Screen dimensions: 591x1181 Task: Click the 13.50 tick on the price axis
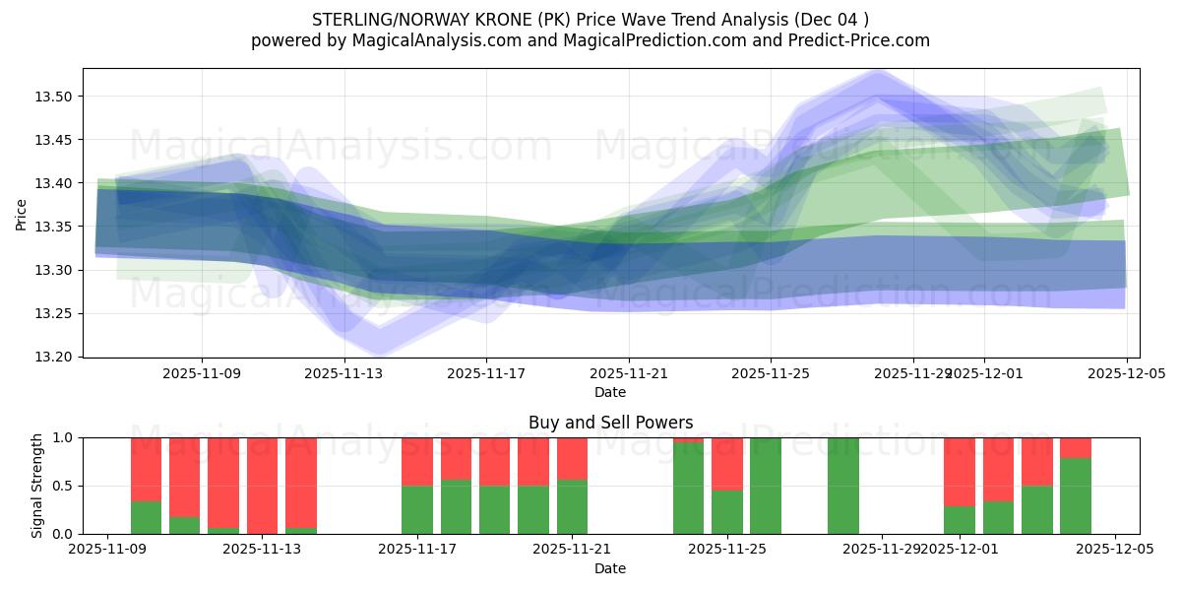tap(58, 97)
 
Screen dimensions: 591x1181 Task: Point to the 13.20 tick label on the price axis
tap(58, 357)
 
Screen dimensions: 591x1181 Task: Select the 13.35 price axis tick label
tap(58, 227)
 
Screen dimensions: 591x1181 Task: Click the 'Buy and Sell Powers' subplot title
tap(610, 423)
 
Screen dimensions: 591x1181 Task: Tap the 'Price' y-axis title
tap(22, 213)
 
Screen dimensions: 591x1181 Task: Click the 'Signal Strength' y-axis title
tap(37, 486)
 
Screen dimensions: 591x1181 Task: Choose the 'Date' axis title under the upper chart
tap(610, 392)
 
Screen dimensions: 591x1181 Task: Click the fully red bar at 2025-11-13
tap(262, 485)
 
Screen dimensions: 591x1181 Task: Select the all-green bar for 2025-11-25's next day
tap(766, 486)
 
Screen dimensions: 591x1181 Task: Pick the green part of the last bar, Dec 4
tap(1076, 496)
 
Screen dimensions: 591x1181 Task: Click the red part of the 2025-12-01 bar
tap(960, 471)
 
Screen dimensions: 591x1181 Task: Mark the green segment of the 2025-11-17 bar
tap(417, 509)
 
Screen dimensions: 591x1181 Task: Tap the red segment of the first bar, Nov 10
tap(146, 469)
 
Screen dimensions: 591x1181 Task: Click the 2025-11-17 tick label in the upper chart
tap(486, 374)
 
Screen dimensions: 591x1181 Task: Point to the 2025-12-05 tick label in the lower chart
tap(1114, 550)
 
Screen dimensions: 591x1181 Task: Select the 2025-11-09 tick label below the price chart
tap(202, 374)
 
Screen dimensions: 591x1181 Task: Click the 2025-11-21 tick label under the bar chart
tap(571, 550)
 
